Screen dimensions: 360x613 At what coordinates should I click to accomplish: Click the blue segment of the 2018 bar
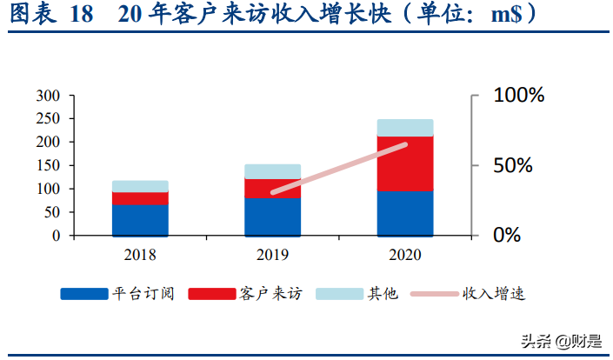coord(140,220)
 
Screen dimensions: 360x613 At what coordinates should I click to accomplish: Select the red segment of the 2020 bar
coord(405,163)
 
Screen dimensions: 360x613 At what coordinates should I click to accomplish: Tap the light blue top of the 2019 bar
coord(272,171)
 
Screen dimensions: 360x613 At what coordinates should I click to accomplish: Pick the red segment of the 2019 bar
coord(272,189)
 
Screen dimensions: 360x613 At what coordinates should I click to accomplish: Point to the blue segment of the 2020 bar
coord(405,213)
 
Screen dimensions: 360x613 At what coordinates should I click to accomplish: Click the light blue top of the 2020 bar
coord(405,128)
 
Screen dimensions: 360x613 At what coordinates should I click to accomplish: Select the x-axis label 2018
coord(140,254)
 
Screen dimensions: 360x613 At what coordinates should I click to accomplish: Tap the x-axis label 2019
coord(272,254)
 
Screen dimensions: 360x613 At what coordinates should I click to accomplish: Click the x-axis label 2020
coord(405,254)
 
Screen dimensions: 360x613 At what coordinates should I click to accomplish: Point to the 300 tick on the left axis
coord(48,95)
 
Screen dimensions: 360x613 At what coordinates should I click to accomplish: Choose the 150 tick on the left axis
coord(48,165)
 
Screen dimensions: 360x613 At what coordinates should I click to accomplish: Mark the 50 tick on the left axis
coord(51,212)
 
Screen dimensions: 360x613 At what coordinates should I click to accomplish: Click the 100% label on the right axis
coord(518,96)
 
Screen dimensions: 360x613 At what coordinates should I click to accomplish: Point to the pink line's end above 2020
coord(405,144)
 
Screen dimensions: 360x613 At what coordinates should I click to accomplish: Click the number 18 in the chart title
coord(80,16)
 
